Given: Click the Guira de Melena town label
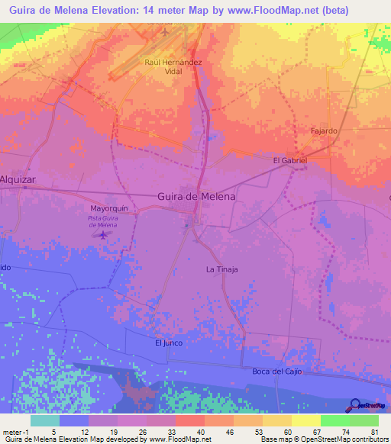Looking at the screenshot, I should click(196, 196).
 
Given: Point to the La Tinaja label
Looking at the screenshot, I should click(222, 269).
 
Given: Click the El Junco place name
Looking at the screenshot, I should click(169, 343).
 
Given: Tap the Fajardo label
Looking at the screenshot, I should click(323, 131).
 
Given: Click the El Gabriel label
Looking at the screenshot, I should click(289, 161).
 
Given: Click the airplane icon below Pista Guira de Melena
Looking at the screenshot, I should click(103, 235).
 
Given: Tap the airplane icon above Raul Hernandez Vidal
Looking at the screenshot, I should click(166, 32).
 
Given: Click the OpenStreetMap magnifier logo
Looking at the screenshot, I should click(357, 405).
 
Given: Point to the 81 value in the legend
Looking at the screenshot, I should click(374, 431).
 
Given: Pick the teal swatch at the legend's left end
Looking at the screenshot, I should click(45, 420).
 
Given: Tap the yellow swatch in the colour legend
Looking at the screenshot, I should click(276, 420).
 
